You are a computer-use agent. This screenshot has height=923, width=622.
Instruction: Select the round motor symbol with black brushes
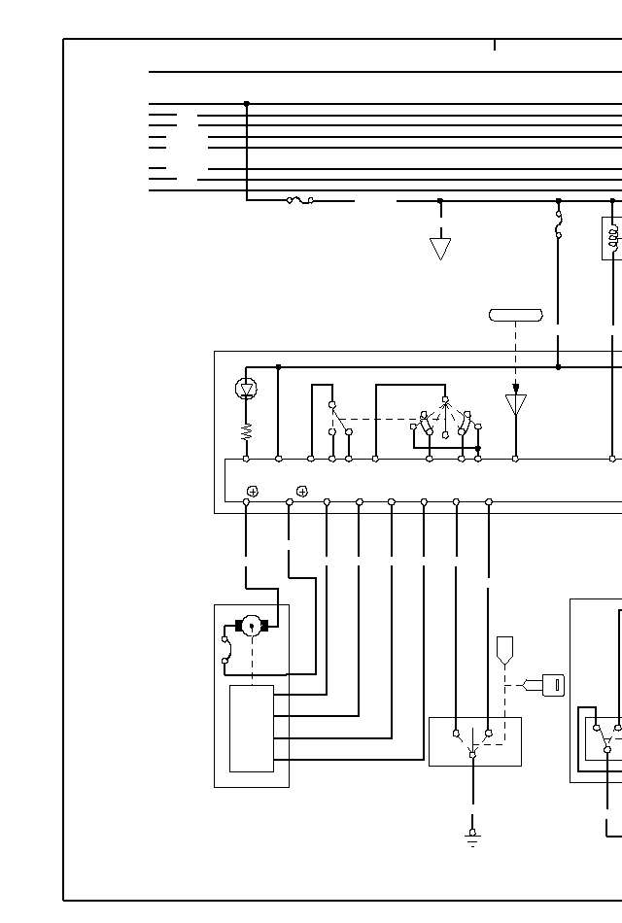pyautogui.click(x=251, y=626)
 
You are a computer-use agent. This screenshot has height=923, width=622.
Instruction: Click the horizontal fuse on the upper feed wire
pyautogui.click(x=299, y=200)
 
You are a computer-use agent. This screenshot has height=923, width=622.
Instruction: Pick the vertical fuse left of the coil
pyautogui.click(x=558, y=230)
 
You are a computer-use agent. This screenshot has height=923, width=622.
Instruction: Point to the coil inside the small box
pyautogui.click(x=613, y=238)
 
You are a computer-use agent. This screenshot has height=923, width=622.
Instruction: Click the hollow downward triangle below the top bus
pyautogui.click(x=440, y=249)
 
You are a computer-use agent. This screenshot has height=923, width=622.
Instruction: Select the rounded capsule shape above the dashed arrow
pyautogui.click(x=515, y=315)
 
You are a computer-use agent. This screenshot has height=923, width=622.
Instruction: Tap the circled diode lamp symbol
pyautogui.click(x=247, y=389)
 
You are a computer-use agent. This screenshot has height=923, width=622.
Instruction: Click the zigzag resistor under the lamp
pyautogui.click(x=247, y=429)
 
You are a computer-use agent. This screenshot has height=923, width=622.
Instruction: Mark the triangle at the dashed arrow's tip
pyautogui.click(x=516, y=404)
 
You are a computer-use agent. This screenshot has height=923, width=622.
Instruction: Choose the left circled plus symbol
pyautogui.click(x=253, y=491)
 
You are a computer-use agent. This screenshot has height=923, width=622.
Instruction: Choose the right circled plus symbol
pyautogui.click(x=302, y=491)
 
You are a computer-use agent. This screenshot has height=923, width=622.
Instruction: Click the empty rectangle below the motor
pyautogui.click(x=251, y=728)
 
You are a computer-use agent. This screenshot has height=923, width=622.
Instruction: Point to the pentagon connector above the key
pyautogui.click(x=504, y=649)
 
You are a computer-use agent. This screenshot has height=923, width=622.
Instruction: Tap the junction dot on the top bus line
pyautogui.click(x=246, y=103)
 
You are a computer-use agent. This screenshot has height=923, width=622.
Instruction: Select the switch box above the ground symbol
pyautogui.click(x=474, y=741)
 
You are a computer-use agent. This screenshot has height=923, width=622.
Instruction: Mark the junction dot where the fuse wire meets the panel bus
pyautogui.click(x=558, y=367)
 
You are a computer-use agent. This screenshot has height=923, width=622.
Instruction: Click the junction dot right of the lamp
pyautogui.click(x=279, y=367)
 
